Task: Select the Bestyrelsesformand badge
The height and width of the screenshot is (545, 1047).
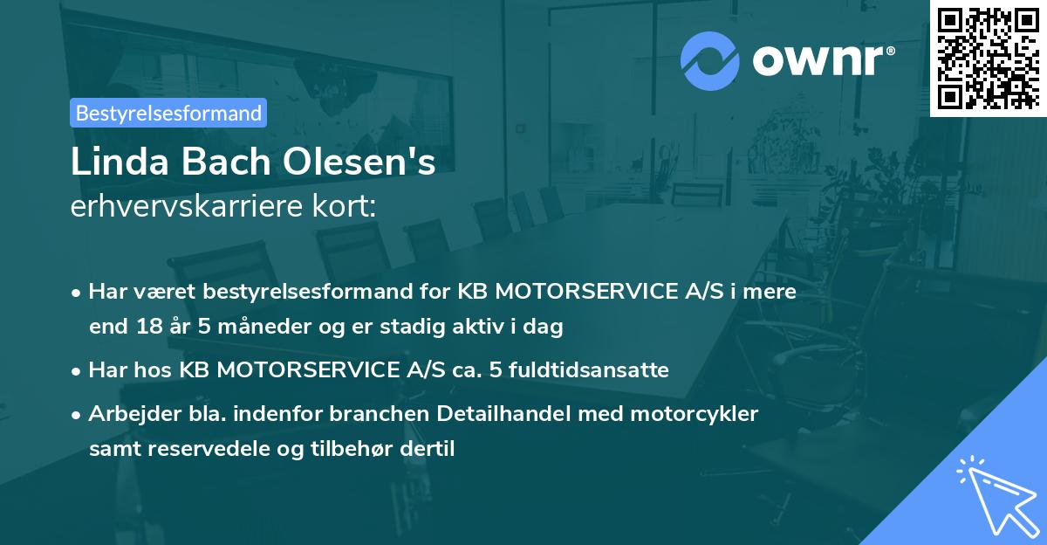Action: point(168,113)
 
